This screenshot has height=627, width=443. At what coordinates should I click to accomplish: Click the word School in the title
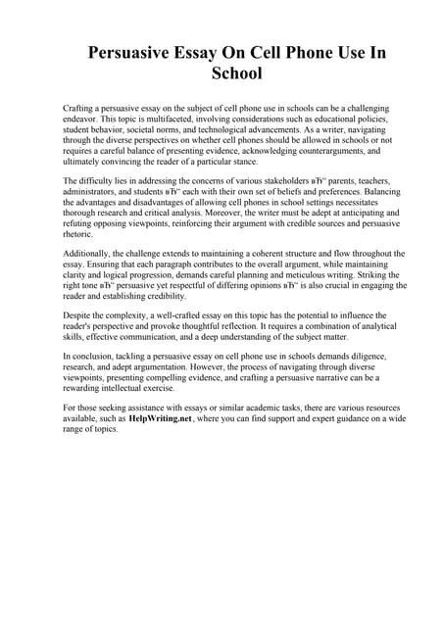tap(221, 73)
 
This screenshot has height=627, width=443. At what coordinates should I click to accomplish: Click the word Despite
tap(75, 315)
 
